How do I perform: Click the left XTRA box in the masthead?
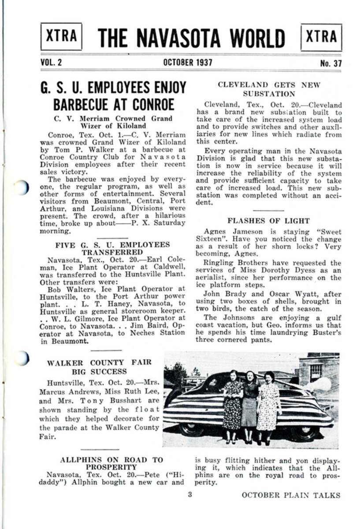pyautogui.click(x=61, y=37)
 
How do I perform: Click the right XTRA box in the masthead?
pyautogui.click(x=321, y=37)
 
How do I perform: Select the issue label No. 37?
pyautogui.click(x=330, y=63)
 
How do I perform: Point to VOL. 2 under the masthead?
pyautogui.click(x=51, y=63)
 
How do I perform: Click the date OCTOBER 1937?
pyautogui.click(x=187, y=63)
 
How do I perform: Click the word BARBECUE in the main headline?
pyautogui.click(x=82, y=104)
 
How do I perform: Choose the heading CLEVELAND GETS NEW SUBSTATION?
pyautogui.click(x=268, y=89)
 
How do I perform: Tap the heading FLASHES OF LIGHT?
pyautogui.click(x=268, y=220)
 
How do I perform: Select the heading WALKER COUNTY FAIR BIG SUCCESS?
pyautogui.click(x=99, y=367)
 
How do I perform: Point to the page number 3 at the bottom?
pyautogui.click(x=190, y=495)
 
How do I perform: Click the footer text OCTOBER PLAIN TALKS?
pyautogui.click(x=291, y=495)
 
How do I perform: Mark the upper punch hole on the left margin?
pyautogui.click(x=21, y=187)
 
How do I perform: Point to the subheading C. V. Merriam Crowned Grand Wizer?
pyautogui.click(x=113, y=122)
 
